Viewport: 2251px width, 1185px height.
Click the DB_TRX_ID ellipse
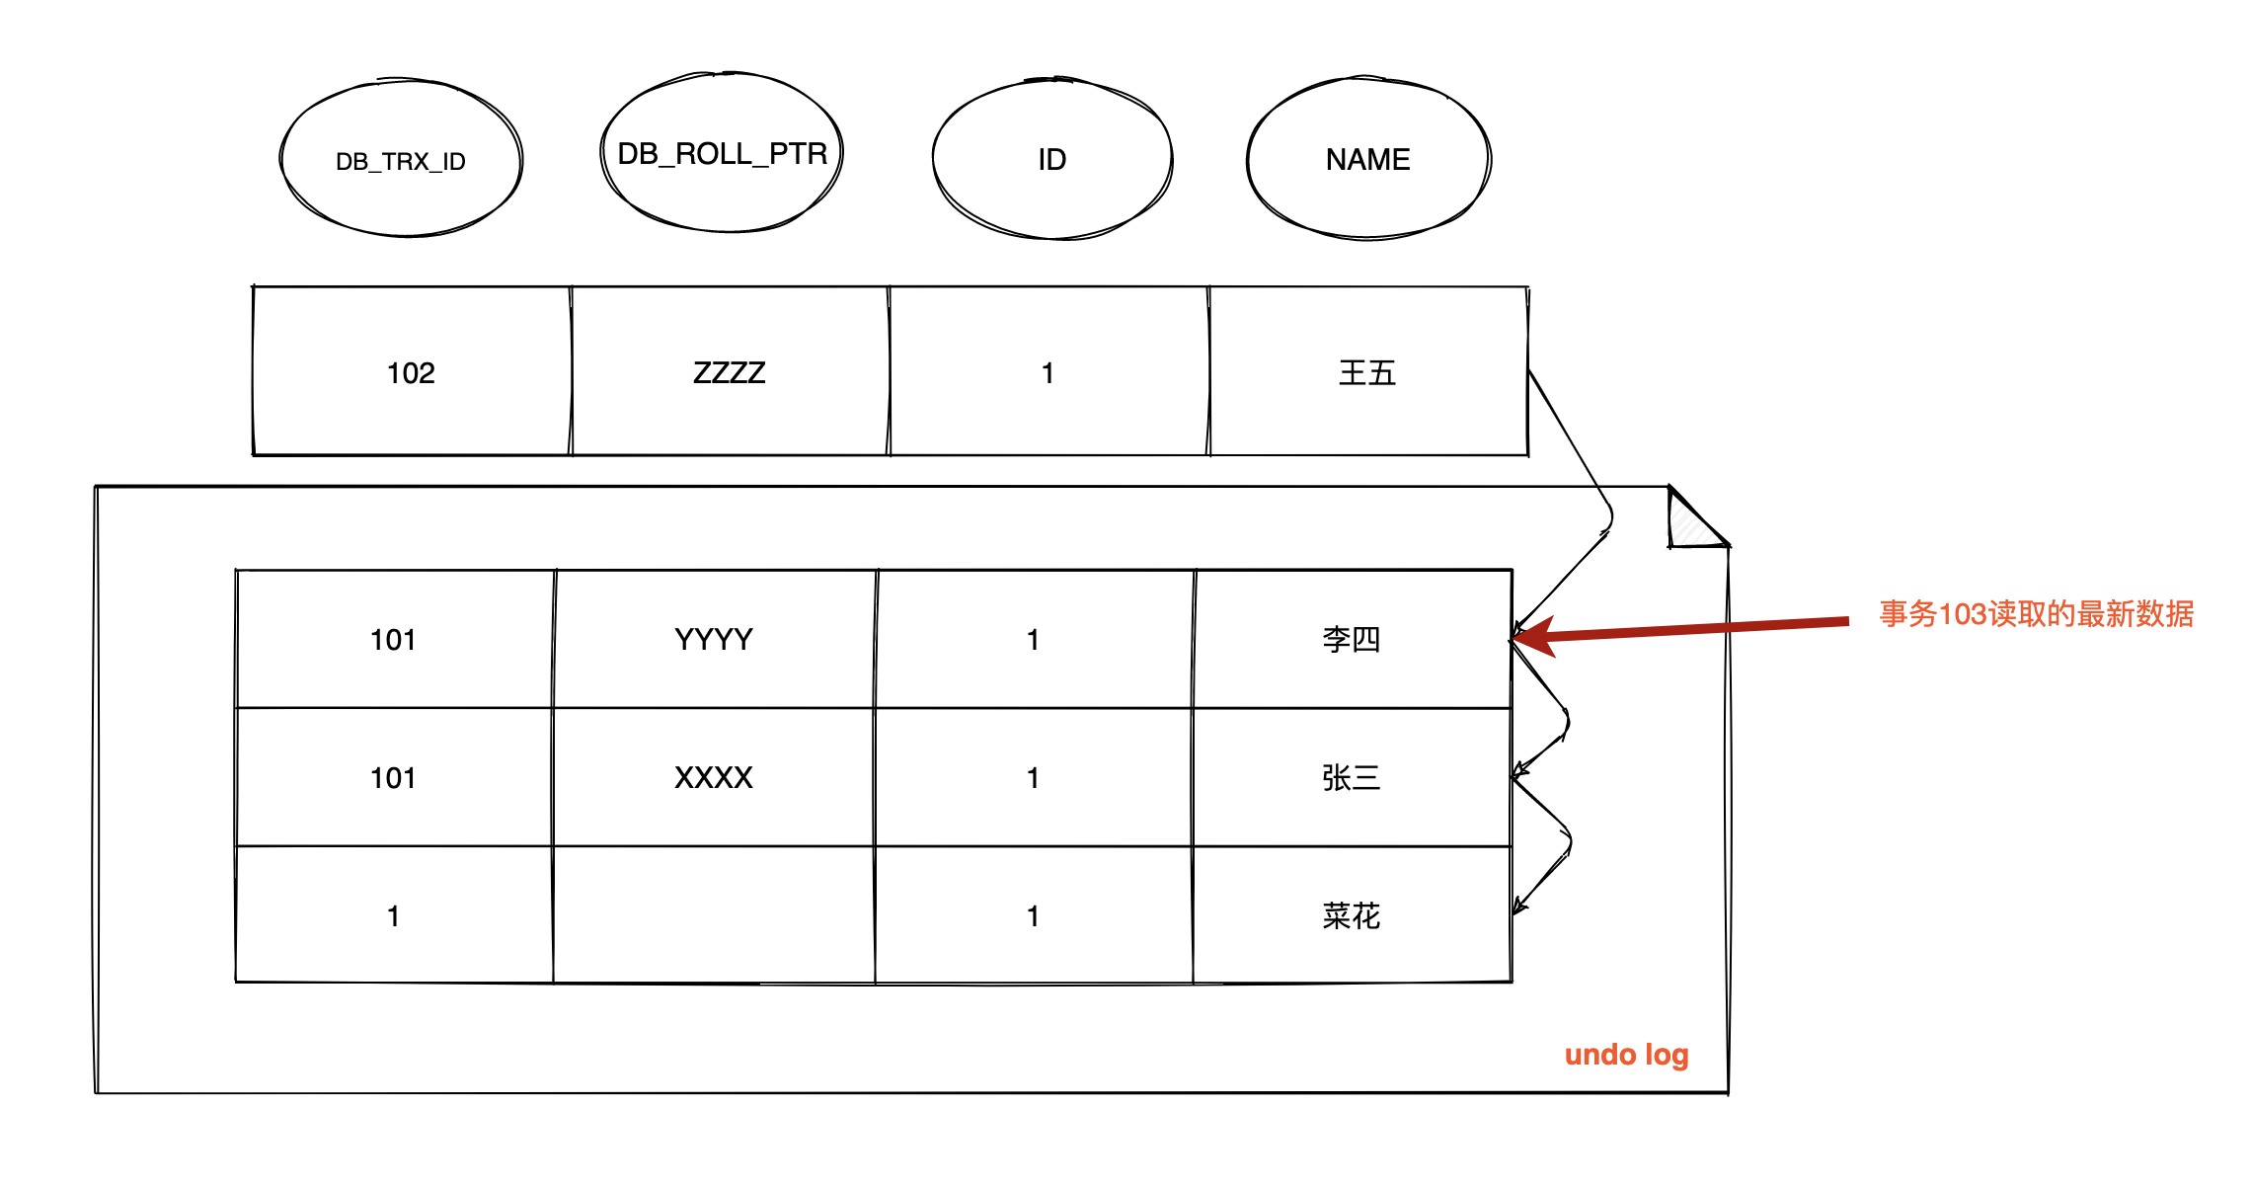(x=401, y=158)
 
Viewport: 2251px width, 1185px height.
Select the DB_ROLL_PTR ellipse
(x=722, y=152)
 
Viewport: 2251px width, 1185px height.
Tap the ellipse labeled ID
(x=1052, y=158)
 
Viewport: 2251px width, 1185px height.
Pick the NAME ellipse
(x=1368, y=158)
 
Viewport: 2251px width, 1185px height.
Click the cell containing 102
(x=412, y=371)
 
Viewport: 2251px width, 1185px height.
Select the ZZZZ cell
(x=731, y=371)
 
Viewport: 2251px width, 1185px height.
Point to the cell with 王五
(x=1368, y=371)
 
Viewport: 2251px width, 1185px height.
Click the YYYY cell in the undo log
(x=714, y=639)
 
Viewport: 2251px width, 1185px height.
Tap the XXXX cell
(x=714, y=777)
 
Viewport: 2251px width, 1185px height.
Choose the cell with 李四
(x=1353, y=639)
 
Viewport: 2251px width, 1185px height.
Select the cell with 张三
(x=1353, y=777)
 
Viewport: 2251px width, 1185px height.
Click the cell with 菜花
(x=1353, y=914)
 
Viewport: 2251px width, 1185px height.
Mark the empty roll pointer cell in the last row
(x=714, y=914)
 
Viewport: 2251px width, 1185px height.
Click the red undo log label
(x=1627, y=1056)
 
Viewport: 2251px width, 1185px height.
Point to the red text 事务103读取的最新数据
(x=2036, y=614)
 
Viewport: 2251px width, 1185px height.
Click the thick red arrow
(x=1680, y=630)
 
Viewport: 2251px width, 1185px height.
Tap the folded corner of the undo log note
(x=1698, y=516)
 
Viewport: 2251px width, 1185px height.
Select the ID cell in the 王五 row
(x=1049, y=371)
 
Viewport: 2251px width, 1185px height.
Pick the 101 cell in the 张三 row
(x=394, y=777)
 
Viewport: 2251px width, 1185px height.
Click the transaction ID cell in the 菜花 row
(x=394, y=914)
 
